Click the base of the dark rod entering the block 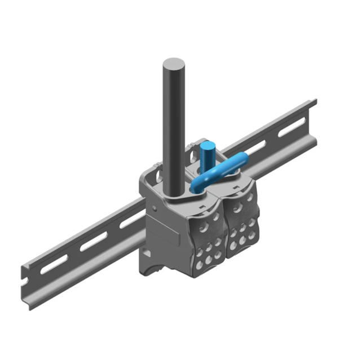pos(175,194)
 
